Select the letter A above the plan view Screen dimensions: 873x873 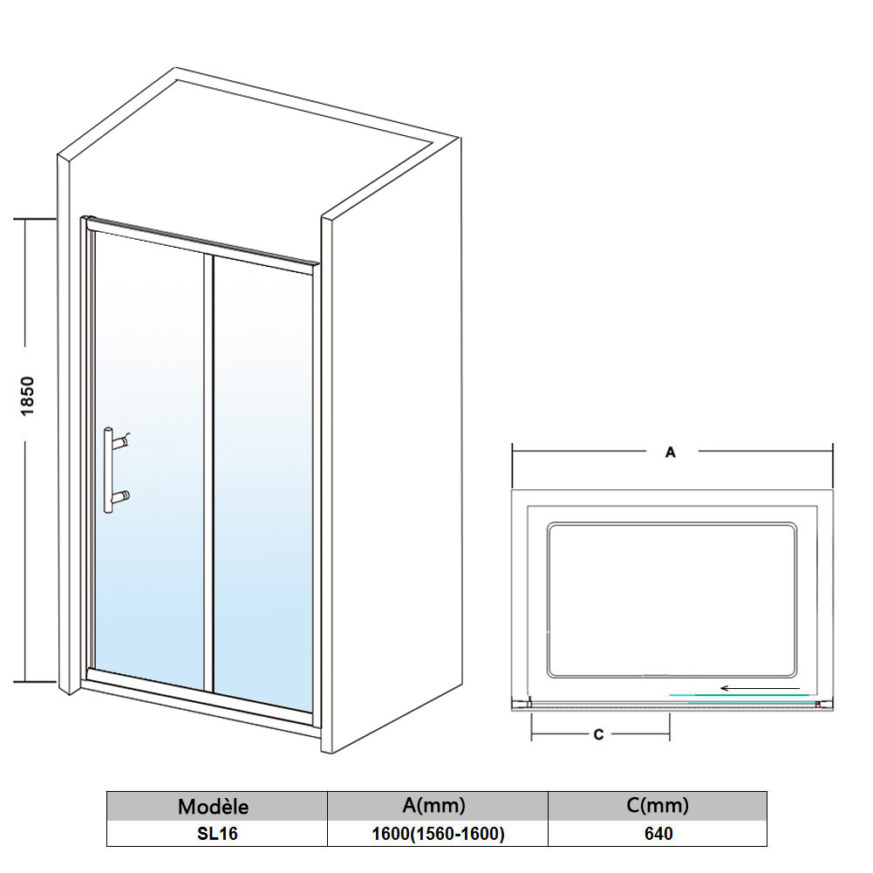coord(671,452)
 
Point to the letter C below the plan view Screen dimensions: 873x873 coord(598,735)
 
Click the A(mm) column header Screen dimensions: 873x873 coord(437,805)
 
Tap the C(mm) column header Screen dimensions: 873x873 coord(658,805)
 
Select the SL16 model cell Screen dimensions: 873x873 coord(215,834)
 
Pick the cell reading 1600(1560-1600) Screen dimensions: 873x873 coord(437,834)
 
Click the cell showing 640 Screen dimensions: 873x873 coord(658,834)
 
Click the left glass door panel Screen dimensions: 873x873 coord(148,462)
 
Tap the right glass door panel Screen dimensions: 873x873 coord(262,480)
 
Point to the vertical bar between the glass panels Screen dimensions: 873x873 coord(209,471)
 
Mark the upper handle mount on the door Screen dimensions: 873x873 coord(125,440)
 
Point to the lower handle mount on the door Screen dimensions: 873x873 coord(125,497)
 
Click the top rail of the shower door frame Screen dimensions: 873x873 coord(201,242)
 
